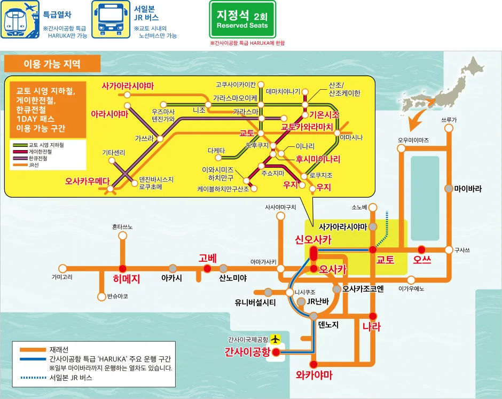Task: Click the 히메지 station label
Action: click(x=126, y=278)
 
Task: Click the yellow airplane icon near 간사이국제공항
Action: click(x=276, y=339)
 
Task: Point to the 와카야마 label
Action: click(x=314, y=375)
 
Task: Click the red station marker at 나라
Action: click(x=373, y=315)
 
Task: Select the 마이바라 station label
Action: click(x=468, y=189)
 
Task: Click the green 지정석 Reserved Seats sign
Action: click(x=242, y=20)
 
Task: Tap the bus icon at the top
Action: click(x=112, y=20)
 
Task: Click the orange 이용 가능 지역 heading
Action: click(x=52, y=64)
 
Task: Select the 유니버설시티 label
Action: click(x=255, y=302)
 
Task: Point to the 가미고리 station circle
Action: click(x=62, y=268)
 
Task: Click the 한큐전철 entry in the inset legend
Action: click(x=41, y=159)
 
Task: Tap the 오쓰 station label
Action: click(x=422, y=260)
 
